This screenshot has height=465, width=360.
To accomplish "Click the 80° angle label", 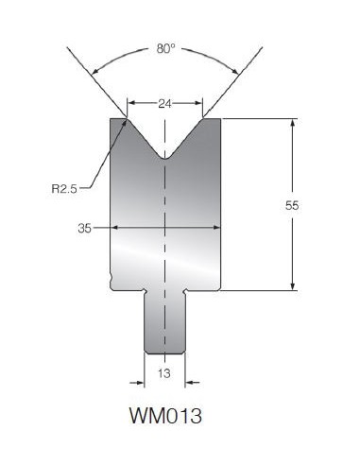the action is pos(165,49).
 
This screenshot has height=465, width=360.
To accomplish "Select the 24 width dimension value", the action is pos(164,103).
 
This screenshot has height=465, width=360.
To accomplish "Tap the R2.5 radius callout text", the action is pos(64,189).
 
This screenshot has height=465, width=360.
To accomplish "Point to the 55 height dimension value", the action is pos(292,206).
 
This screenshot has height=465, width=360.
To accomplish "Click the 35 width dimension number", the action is pos(84,228).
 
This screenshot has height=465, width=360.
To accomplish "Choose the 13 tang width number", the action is pos(164,373).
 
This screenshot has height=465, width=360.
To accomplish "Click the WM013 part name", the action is pos(165,416).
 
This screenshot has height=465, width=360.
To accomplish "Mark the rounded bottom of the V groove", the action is pos(165,157).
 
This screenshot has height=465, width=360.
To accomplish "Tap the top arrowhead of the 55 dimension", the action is pos(293,122).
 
